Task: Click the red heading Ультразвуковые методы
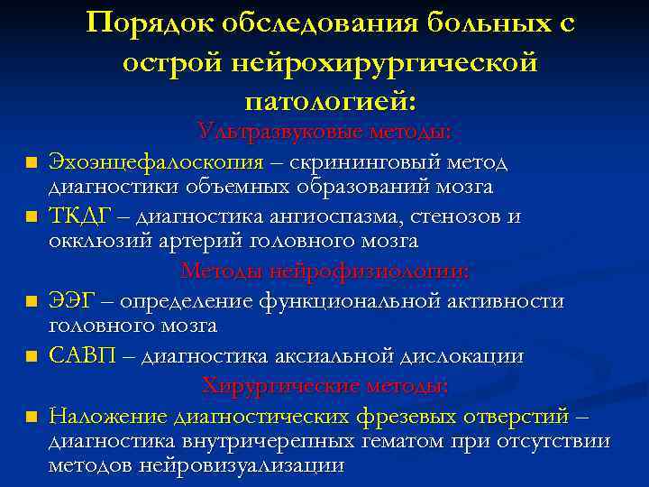pos(324,133)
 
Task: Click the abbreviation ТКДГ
pos(79,217)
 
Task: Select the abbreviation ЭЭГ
pos(72,300)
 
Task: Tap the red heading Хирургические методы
pos(324,386)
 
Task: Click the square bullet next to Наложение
pos(31,418)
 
